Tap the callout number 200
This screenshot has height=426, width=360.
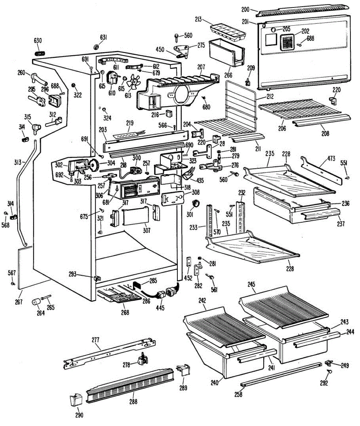coord(245,9)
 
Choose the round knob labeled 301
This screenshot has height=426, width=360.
coord(195,203)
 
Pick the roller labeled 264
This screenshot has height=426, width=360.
coord(36,302)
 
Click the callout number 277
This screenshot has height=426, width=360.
coord(95,340)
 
